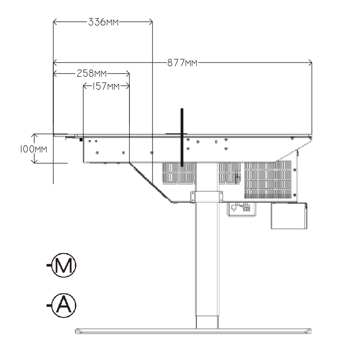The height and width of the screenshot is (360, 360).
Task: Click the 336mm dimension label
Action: click(104, 22)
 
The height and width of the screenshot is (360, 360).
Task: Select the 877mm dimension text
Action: click(182, 62)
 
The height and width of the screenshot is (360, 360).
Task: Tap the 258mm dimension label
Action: click(92, 73)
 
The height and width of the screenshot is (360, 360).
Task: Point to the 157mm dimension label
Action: click(106, 86)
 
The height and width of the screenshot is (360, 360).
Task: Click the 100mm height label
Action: click(34, 149)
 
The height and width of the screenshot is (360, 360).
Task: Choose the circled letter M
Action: click(64, 265)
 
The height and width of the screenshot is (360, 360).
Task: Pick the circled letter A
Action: click(64, 305)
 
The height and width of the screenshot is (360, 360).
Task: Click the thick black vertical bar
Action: click(182, 137)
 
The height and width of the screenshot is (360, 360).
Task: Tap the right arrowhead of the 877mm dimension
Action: click(310, 62)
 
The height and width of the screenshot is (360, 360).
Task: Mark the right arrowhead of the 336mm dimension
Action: click(151, 22)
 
